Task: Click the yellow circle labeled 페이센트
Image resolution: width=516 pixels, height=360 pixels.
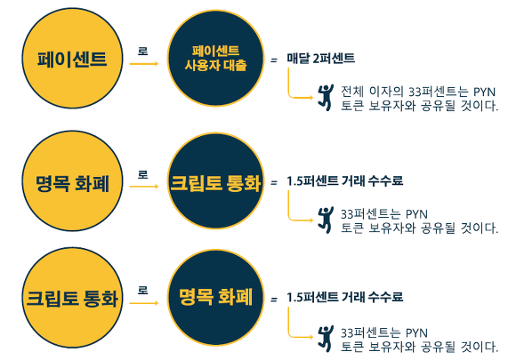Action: (x=72, y=58)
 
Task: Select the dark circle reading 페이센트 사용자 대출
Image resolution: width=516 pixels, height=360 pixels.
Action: (x=216, y=58)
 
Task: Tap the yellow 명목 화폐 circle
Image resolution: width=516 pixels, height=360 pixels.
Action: (x=72, y=181)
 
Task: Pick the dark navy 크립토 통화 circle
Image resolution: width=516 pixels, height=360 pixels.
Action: (x=216, y=181)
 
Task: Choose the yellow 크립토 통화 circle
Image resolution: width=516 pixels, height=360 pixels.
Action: (x=72, y=298)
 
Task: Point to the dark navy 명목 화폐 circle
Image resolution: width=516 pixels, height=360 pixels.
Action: (x=216, y=298)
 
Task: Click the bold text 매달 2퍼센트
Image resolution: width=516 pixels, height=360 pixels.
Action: (x=320, y=59)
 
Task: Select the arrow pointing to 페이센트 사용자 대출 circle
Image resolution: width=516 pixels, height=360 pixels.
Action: (x=144, y=64)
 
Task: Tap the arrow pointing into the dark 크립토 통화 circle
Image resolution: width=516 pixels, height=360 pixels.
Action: (x=144, y=187)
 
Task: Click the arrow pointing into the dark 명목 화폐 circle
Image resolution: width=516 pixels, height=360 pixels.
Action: (x=144, y=303)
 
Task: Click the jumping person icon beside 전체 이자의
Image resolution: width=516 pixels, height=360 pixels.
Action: (x=326, y=97)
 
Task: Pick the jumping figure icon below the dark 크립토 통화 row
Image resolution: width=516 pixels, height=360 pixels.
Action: (x=326, y=220)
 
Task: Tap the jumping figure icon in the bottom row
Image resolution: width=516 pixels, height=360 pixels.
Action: (x=326, y=339)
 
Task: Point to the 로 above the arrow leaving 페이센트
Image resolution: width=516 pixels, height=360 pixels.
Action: (x=143, y=52)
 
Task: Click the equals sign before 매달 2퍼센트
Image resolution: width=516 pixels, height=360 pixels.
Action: (x=274, y=60)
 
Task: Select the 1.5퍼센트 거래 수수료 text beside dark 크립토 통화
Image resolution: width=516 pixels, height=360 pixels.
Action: (x=344, y=180)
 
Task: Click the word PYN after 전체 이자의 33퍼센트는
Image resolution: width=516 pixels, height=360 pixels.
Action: (x=484, y=92)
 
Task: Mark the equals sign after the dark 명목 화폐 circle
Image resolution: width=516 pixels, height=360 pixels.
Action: (x=274, y=300)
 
